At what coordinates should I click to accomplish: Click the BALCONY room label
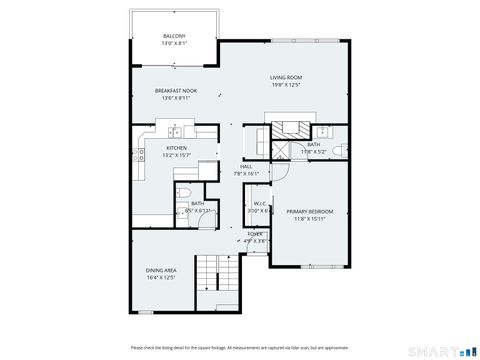tap(174, 37)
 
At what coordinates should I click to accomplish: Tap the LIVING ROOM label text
tap(286, 77)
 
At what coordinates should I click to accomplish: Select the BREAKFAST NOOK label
tap(175, 91)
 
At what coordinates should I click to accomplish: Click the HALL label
tap(245, 167)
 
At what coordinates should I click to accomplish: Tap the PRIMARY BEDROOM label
tap(309, 212)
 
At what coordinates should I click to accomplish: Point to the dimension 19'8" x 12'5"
tap(286, 85)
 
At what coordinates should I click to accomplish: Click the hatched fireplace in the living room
tap(290, 128)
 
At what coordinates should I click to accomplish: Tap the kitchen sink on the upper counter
tap(175, 131)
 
